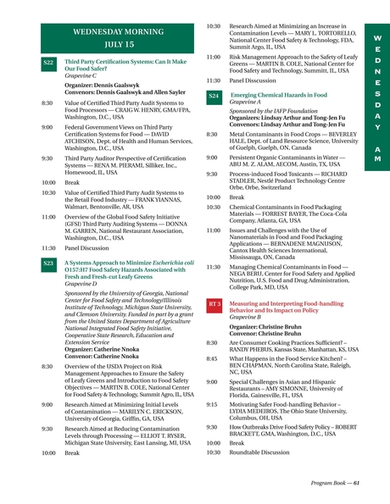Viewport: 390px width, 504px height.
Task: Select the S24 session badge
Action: (x=214, y=97)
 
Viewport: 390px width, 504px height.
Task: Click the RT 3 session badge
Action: (x=214, y=303)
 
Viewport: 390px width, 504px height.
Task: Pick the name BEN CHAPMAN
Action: (x=259, y=365)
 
